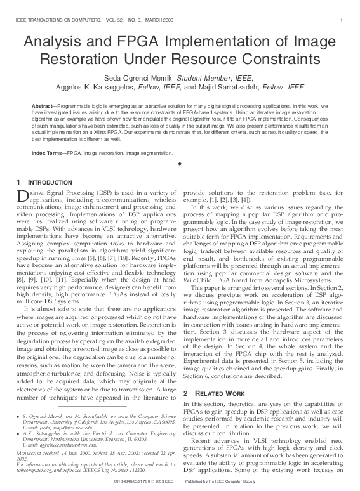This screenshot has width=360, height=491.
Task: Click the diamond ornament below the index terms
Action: [x=180, y=164]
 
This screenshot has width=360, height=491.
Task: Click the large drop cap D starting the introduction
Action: [x=20, y=197]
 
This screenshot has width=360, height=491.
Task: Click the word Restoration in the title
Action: [x=80, y=60]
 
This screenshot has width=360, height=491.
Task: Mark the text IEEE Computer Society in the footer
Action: [x=265, y=484]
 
